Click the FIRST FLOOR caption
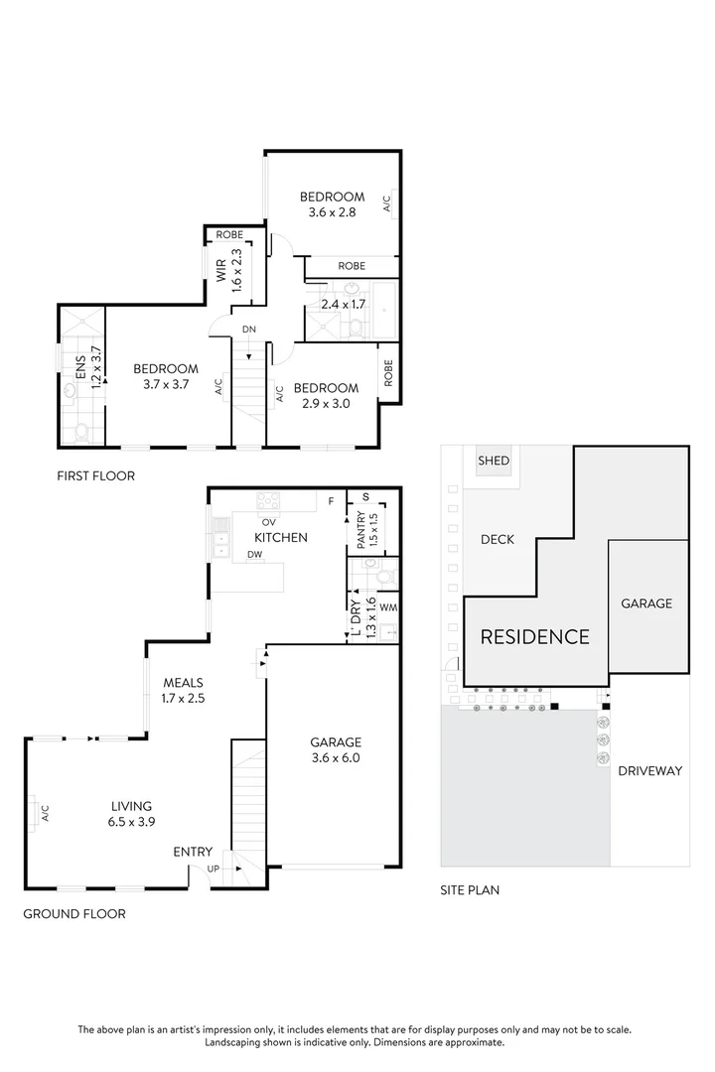coord(95,476)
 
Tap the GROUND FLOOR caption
coord(74,913)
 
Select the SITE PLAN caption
coord(470,890)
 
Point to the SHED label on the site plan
coord(494,461)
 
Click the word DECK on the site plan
coord(498,540)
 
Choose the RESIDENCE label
coord(535,637)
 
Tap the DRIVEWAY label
coord(650,770)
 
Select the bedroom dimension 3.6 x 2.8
coord(333,211)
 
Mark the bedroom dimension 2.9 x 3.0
coord(326,403)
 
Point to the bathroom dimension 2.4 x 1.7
coord(343,305)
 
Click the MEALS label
coord(183,683)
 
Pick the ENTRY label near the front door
coord(193,852)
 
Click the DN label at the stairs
coord(248,330)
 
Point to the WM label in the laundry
coord(387,605)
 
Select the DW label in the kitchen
coord(255,554)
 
